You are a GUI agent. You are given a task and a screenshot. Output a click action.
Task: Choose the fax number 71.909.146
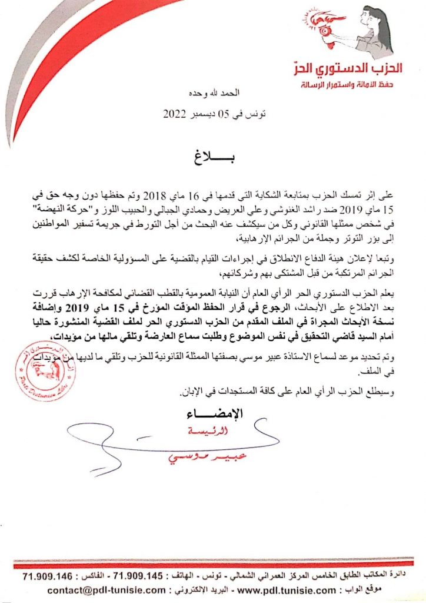47,575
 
